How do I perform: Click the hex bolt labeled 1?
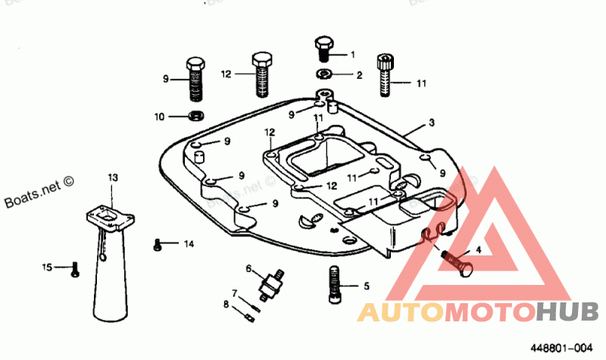click(x=323, y=47)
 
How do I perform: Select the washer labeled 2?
click(x=323, y=74)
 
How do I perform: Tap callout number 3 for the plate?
click(x=430, y=123)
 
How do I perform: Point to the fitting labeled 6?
click(x=272, y=281)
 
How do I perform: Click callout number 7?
click(x=236, y=293)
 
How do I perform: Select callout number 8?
click(x=226, y=305)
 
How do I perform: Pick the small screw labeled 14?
click(x=158, y=244)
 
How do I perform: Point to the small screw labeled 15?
click(x=74, y=268)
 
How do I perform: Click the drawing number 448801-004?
click(x=561, y=348)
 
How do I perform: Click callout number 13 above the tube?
click(x=113, y=177)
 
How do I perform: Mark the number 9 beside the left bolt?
click(x=165, y=79)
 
